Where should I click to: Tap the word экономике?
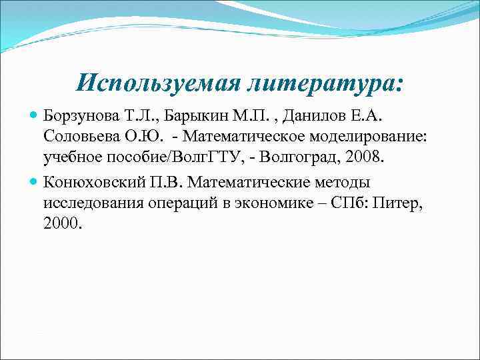[x=251, y=202]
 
